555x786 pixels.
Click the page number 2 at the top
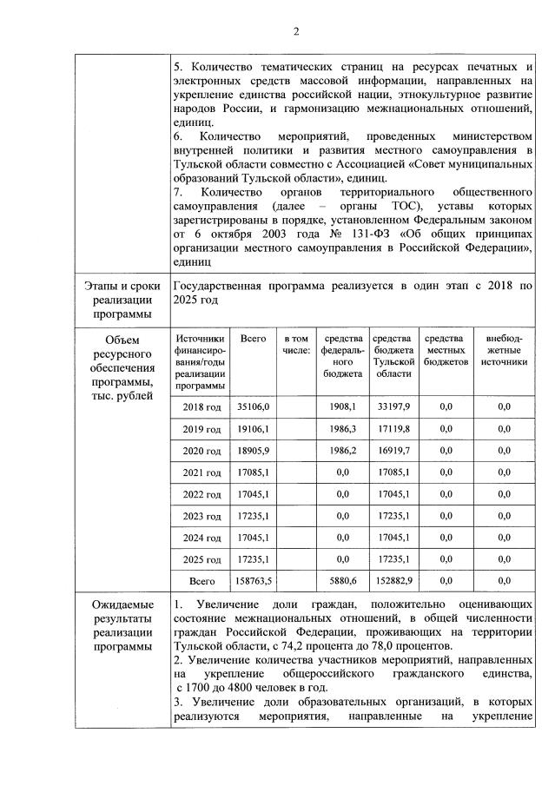click(295, 32)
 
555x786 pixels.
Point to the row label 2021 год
click(202, 472)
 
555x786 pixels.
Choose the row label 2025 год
click(202, 558)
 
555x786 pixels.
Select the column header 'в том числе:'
click(296, 344)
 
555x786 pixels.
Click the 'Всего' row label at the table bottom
click(202, 580)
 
